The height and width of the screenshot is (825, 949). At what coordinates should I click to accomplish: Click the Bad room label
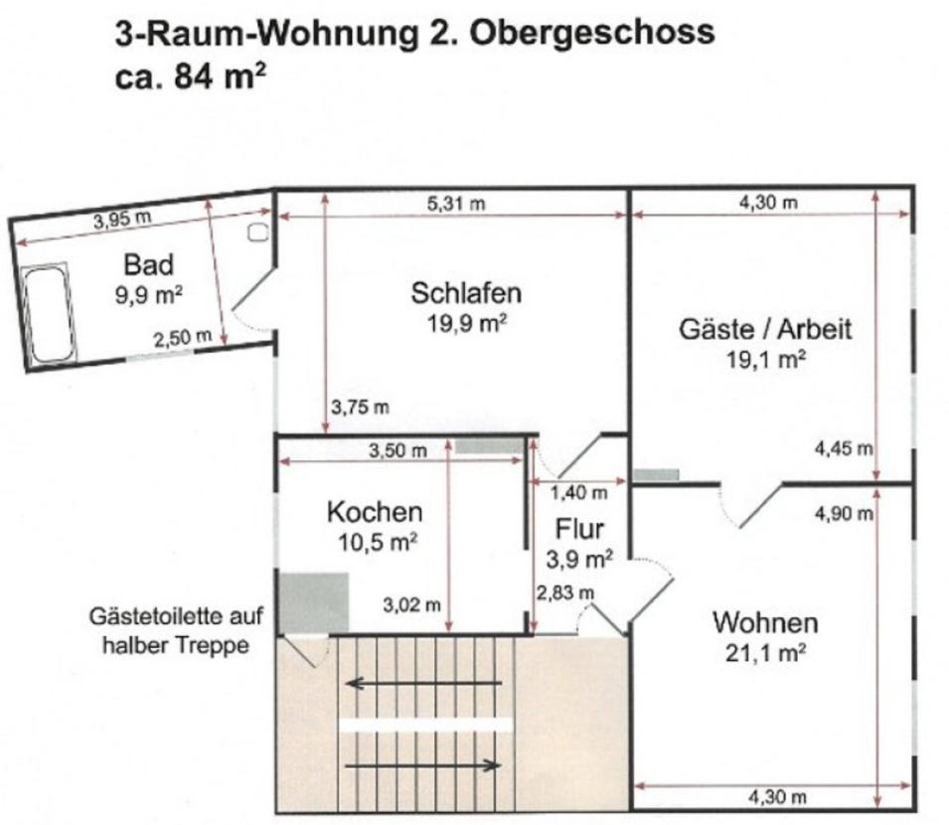[148, 264]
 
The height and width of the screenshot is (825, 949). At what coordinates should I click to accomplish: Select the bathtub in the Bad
[48, 314]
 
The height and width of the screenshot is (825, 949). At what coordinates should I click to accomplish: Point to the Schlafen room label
[466, 293]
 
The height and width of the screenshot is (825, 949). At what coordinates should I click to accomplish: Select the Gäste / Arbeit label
[765, 329]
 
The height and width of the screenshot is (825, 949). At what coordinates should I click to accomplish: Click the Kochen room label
[375, 512]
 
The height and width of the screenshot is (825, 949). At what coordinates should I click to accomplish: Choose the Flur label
[578, 530]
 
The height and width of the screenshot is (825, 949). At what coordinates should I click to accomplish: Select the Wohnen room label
[765, 623]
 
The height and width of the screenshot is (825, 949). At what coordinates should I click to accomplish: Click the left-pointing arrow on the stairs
[422, 683]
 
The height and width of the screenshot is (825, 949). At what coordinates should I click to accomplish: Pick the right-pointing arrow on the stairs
[422, 764]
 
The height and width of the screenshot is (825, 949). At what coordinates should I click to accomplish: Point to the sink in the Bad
[258, 233]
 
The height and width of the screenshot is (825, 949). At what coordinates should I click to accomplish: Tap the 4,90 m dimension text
[843, 514]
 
